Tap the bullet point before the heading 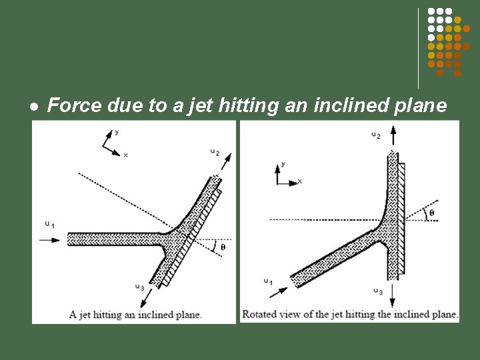click(33, 107)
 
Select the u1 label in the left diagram click(50, 225)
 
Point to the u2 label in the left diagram click(215, 152)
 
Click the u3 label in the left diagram click(140, 287)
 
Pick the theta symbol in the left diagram click(223, 247)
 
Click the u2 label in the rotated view click(377, 135)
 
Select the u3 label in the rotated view click(378, 291)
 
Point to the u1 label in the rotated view click(267, 282)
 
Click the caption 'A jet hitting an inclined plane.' click(135, 315)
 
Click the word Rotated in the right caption click(261, 314)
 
